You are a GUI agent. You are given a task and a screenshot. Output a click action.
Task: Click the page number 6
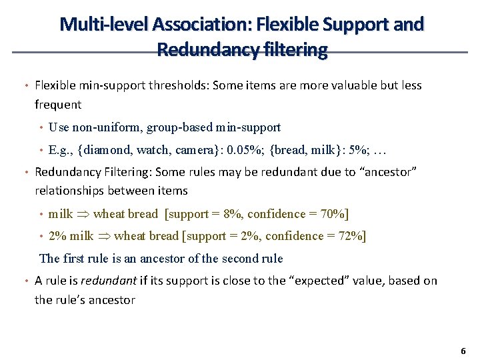[x=463, y=351]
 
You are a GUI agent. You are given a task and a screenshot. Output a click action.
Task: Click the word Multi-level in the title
[x=103, y=25]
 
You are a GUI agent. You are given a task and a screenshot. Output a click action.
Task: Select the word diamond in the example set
[x=106, y=149]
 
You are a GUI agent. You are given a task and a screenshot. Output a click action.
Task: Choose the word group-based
[x=179, y=127]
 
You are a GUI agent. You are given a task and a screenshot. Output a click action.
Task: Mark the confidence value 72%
[x=353, y=235]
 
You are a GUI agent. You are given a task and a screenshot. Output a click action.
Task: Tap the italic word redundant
[x=97, y=281]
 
